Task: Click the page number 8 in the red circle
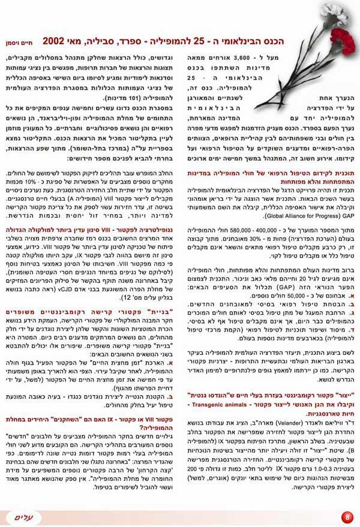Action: (347, 517)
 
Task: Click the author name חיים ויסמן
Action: (23, 44)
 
